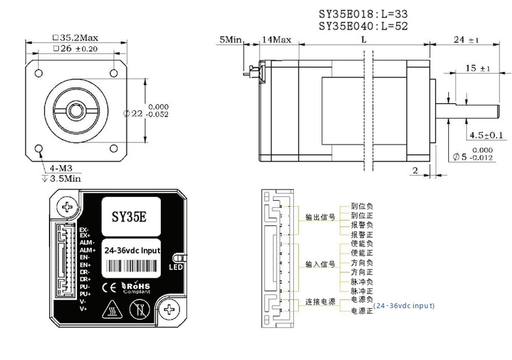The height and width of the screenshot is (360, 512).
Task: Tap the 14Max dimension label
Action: coord(277,40)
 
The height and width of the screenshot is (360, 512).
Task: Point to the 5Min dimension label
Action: coord(230,40)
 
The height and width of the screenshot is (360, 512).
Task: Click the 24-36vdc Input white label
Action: coord(132,251)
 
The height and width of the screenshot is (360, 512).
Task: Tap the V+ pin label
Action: coord(84,308)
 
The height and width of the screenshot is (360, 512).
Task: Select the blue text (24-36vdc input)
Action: coord(404,305)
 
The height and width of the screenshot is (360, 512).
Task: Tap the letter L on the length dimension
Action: coord(364,40)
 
